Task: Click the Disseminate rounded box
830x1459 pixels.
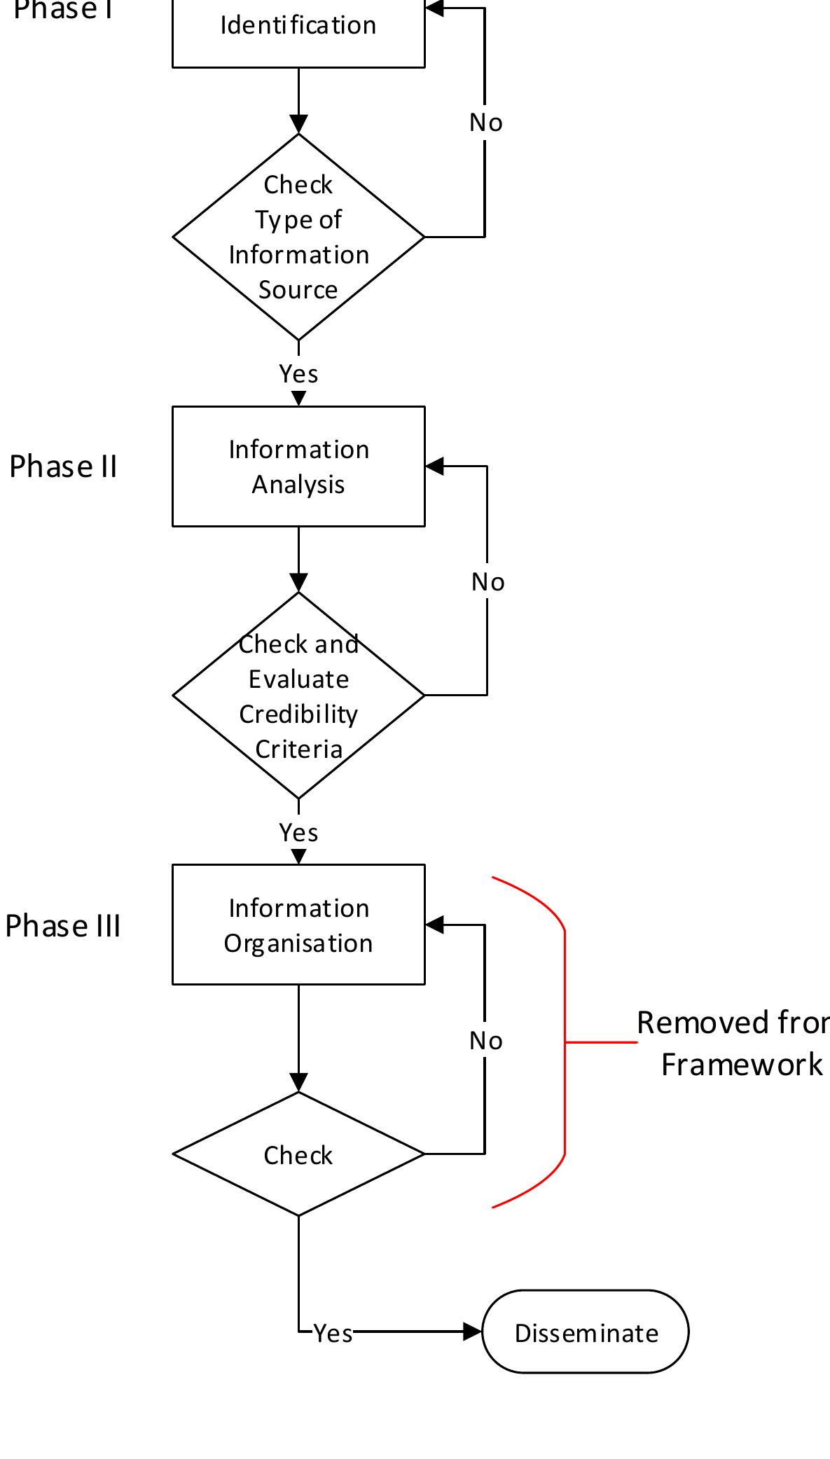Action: tap(586, 1332)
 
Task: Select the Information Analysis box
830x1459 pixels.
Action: tap(298, 466)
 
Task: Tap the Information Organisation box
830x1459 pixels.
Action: tap(298, 925)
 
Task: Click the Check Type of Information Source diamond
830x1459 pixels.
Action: tap(298, 237)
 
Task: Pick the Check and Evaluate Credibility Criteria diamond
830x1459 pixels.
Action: tap(298, 696)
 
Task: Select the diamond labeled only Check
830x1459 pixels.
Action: tap(298, 1154)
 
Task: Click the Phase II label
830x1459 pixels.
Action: tap(63, 466)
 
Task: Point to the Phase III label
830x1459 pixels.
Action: tap(63, 926)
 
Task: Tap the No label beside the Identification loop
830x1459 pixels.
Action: tap(485, 123)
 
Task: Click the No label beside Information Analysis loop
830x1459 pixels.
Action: tap(487, 582)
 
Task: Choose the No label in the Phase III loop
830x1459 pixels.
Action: tap(485, 1041)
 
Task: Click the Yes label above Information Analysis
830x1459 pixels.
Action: tap(298, 374)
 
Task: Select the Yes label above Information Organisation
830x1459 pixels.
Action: tap(298, 833)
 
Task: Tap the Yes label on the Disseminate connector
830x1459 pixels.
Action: tap(333, 1334)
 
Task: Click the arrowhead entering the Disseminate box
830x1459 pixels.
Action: tap(473, 1332)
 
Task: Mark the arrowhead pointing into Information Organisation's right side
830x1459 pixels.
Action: tap(434, 925)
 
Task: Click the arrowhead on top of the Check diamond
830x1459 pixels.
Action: tap(298, 1083)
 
